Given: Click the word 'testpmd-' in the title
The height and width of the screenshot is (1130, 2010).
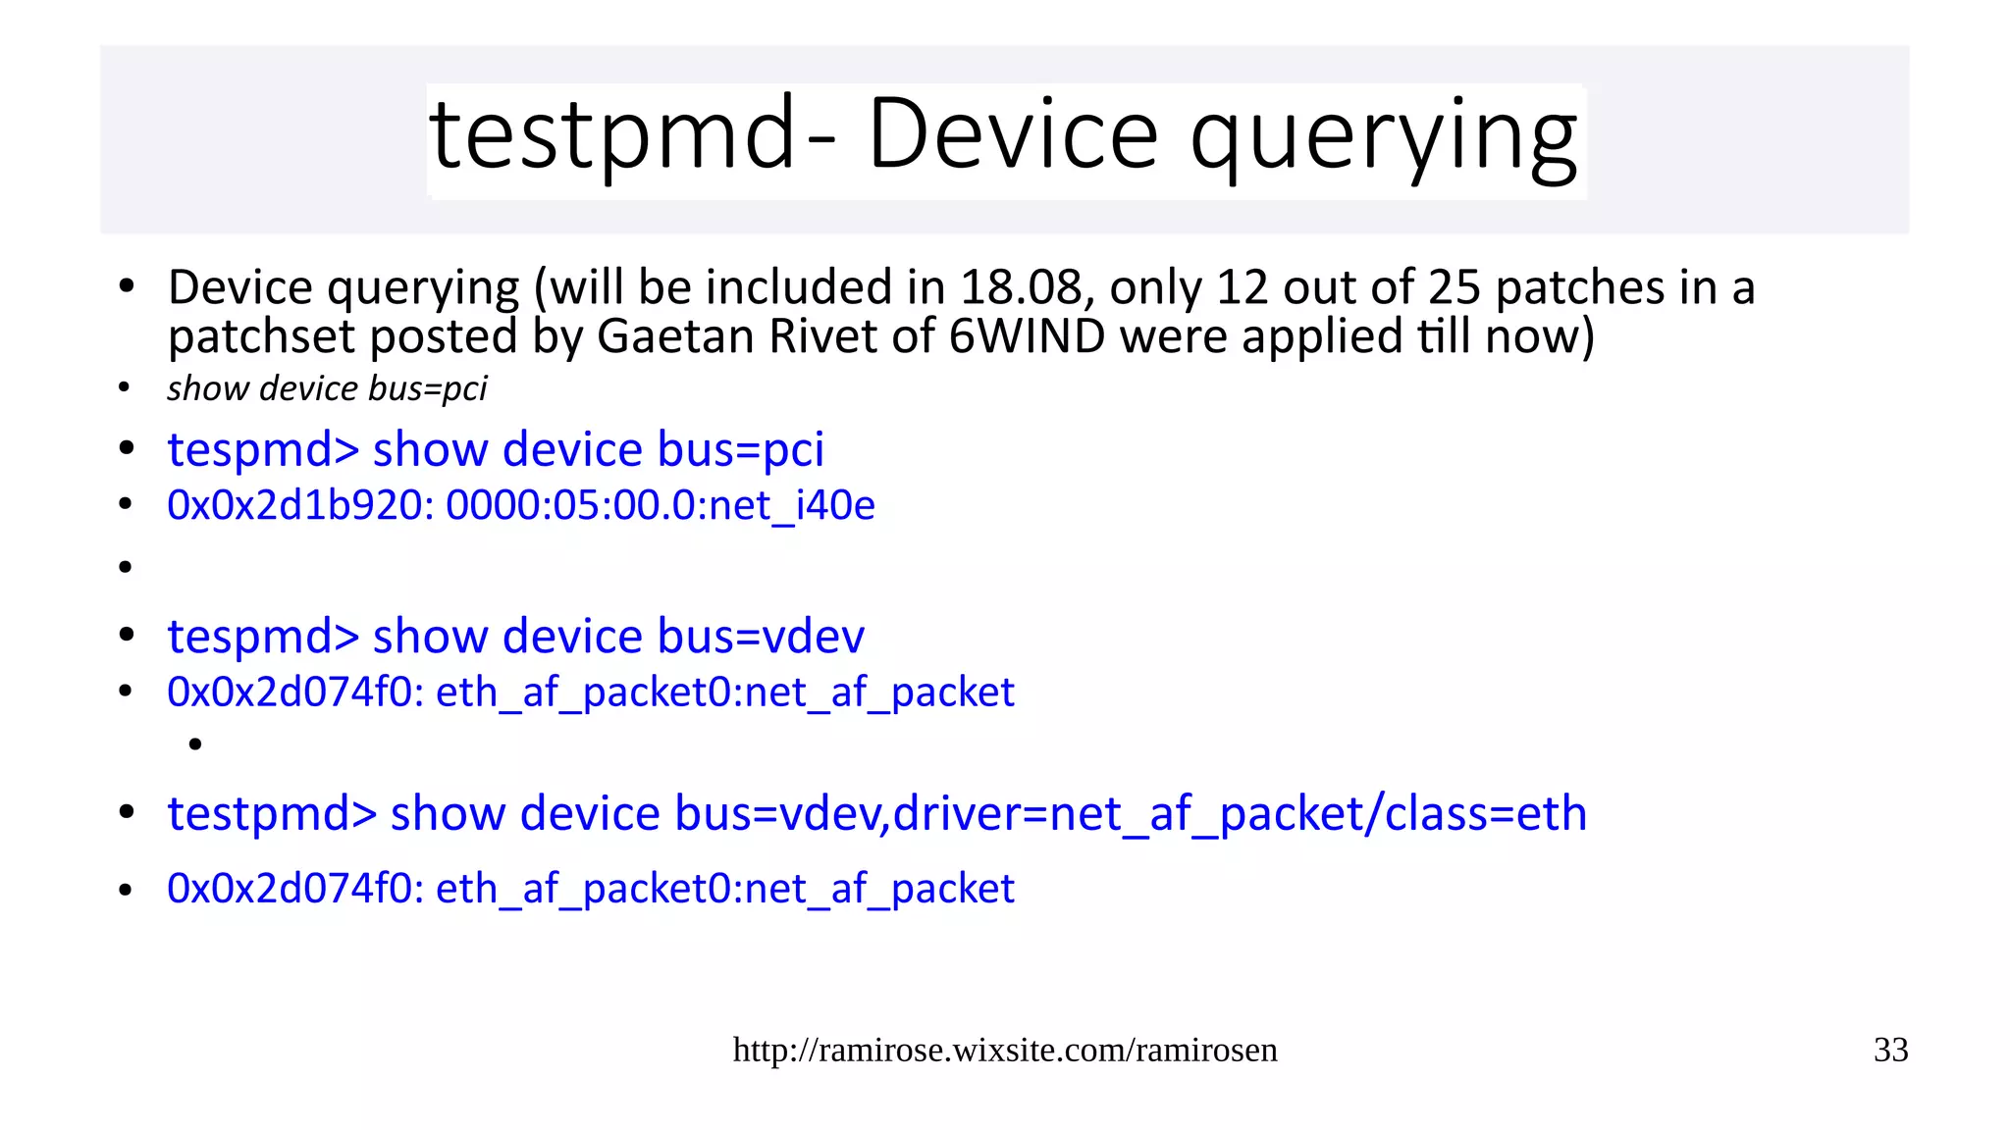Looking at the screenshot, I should [x=632, y=135].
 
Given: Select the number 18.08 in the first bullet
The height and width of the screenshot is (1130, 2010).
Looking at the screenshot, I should [x=1021, y=287].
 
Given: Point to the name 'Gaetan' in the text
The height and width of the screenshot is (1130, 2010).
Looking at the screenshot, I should [x=676, y=336].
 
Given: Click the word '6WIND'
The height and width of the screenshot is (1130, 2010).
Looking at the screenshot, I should [x=1027, y=336].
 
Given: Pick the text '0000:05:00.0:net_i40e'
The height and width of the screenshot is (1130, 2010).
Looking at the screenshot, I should [x=661, y=505].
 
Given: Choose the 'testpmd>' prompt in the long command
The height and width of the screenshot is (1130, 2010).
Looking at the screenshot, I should [x=272, y=814].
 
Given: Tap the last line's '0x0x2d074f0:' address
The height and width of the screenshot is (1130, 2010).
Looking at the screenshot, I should [x=295, y=889].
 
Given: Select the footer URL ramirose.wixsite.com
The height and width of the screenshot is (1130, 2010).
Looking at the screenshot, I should [x=1005, y=1050].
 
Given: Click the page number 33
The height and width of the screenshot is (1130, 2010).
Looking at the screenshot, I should [x=1890, y=1050].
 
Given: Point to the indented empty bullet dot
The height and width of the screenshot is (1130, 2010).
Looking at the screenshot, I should [x=195, y=745].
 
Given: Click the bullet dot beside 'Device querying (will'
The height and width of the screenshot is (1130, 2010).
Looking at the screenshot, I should [x=126, y=287].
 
